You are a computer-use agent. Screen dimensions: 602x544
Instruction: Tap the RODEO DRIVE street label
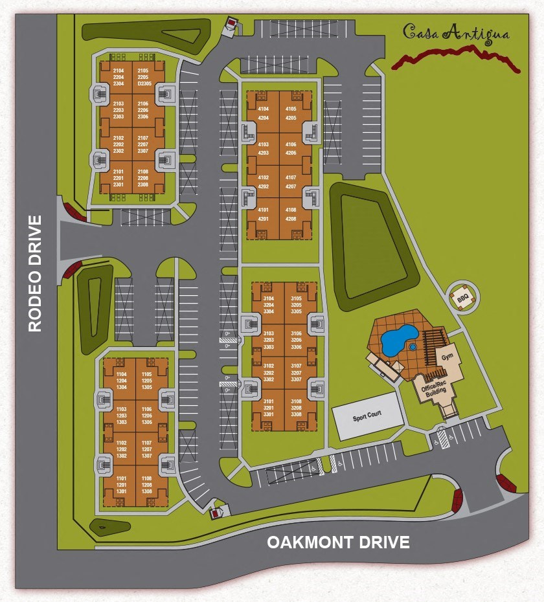tap(35, 273)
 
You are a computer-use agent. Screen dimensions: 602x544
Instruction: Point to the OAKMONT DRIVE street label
tap(339, 542)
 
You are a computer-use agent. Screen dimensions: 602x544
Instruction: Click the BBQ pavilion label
tap(463, 299)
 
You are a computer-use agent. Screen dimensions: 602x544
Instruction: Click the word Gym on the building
tap(447, 357)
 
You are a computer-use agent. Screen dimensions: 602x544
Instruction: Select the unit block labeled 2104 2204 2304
tap(119, 77)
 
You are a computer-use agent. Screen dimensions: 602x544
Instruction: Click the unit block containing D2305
tap(144, 77)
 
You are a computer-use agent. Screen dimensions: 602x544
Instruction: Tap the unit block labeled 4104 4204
tap(264, 113)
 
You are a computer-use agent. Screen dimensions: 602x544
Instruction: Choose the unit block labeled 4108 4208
tap(291, 214)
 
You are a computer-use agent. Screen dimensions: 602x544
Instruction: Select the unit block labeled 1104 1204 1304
tap(121, 381)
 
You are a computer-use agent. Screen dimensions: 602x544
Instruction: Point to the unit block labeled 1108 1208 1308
tap(146, 484)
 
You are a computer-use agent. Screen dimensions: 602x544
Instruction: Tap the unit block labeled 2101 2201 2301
tap(119, 178)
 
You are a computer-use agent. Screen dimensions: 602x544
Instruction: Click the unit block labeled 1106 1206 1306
tap(146, 415)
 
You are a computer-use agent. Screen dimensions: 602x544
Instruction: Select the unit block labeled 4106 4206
tap(291, 148)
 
